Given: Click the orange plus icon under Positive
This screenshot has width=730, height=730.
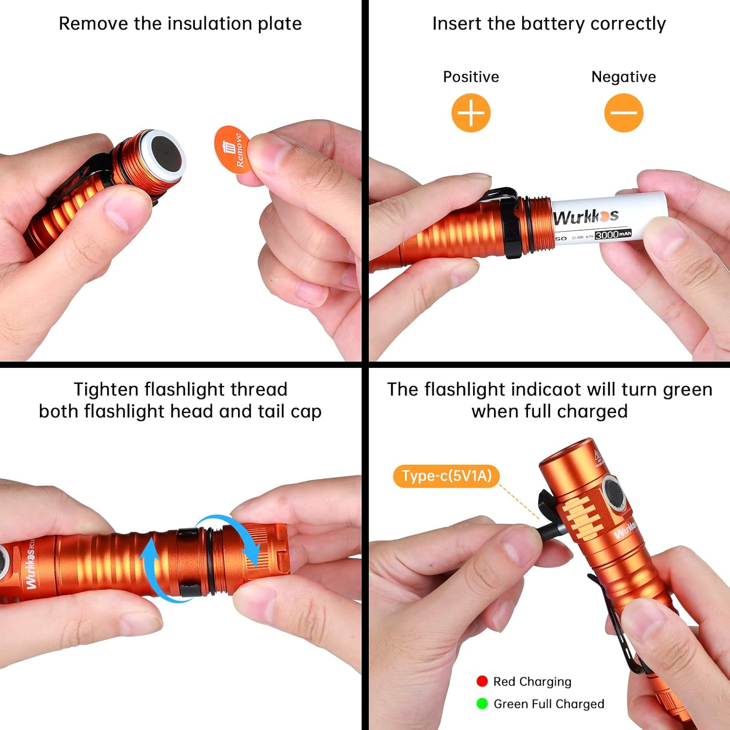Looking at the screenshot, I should pos(471,113).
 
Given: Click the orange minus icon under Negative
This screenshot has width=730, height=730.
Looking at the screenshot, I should pos(623,113).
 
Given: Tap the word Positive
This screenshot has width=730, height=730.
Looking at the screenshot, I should pos(471,77).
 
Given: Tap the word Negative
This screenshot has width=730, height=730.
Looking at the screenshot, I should pos(623,77).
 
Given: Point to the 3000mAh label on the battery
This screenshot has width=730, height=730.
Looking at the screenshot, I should pos(613,235).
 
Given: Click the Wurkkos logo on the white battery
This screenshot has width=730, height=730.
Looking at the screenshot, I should pos(585,217).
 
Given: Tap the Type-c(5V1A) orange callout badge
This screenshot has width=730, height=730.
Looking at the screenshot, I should pos(446,475).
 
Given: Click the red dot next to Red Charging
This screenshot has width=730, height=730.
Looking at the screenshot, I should pos(482,681).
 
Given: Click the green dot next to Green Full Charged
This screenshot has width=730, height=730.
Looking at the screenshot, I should pos(482,704).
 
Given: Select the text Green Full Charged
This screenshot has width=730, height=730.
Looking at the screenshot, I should pos(548,704).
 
